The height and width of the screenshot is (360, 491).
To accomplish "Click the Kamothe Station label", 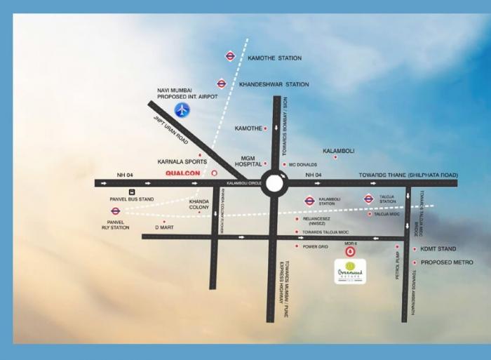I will (x=274, y=58).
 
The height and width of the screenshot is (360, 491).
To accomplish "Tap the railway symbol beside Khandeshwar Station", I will (x=222, y=84).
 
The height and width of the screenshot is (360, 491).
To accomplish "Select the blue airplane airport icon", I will (x=182, y=109).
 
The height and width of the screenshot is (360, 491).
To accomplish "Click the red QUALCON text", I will (x=182, y=172).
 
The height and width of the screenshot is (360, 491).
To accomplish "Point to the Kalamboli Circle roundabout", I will (x=274, y=183).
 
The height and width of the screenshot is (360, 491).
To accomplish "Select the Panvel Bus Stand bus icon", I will (x=130, y=192).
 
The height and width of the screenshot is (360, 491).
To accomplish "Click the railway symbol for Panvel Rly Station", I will (x=116, y=211).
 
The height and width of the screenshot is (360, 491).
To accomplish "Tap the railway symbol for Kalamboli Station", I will (x=309, y=201).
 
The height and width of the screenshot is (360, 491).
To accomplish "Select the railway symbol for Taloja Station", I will (x=368, y=199).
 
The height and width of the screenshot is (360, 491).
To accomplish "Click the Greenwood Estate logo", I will (x=350, y=271).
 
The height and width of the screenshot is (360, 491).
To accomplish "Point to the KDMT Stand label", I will (x=438, y=249).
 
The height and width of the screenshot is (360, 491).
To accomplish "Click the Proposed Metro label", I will (x=447, y=262).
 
